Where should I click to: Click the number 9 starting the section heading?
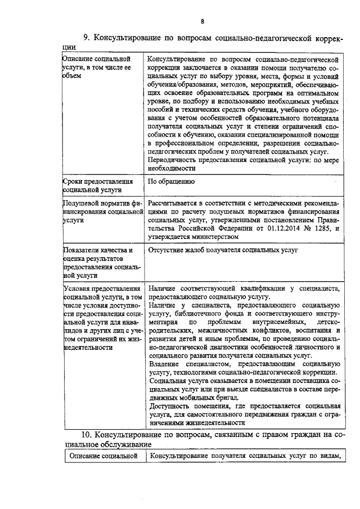pyautogui.click(x=86, y=38)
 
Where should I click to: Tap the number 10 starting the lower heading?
pyautogui.click(x=86, y=435)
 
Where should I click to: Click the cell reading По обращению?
pyautogui.click(x=172, y=182)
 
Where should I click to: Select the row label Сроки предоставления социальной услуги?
pyautogui.click(x=99, y=186)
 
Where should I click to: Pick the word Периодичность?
pyautogui.click(x=173, y=160)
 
